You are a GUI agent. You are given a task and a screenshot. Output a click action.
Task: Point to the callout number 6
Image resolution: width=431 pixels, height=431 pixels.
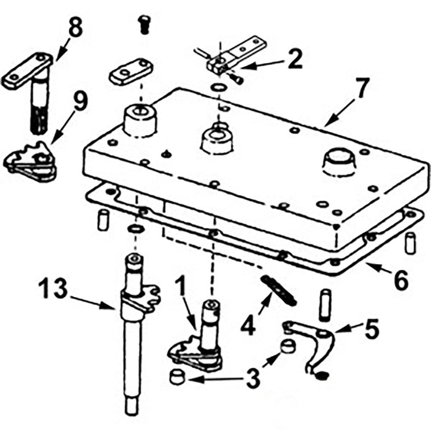point(400,281)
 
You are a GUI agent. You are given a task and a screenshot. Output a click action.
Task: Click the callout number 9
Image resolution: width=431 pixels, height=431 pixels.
point(79,103)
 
